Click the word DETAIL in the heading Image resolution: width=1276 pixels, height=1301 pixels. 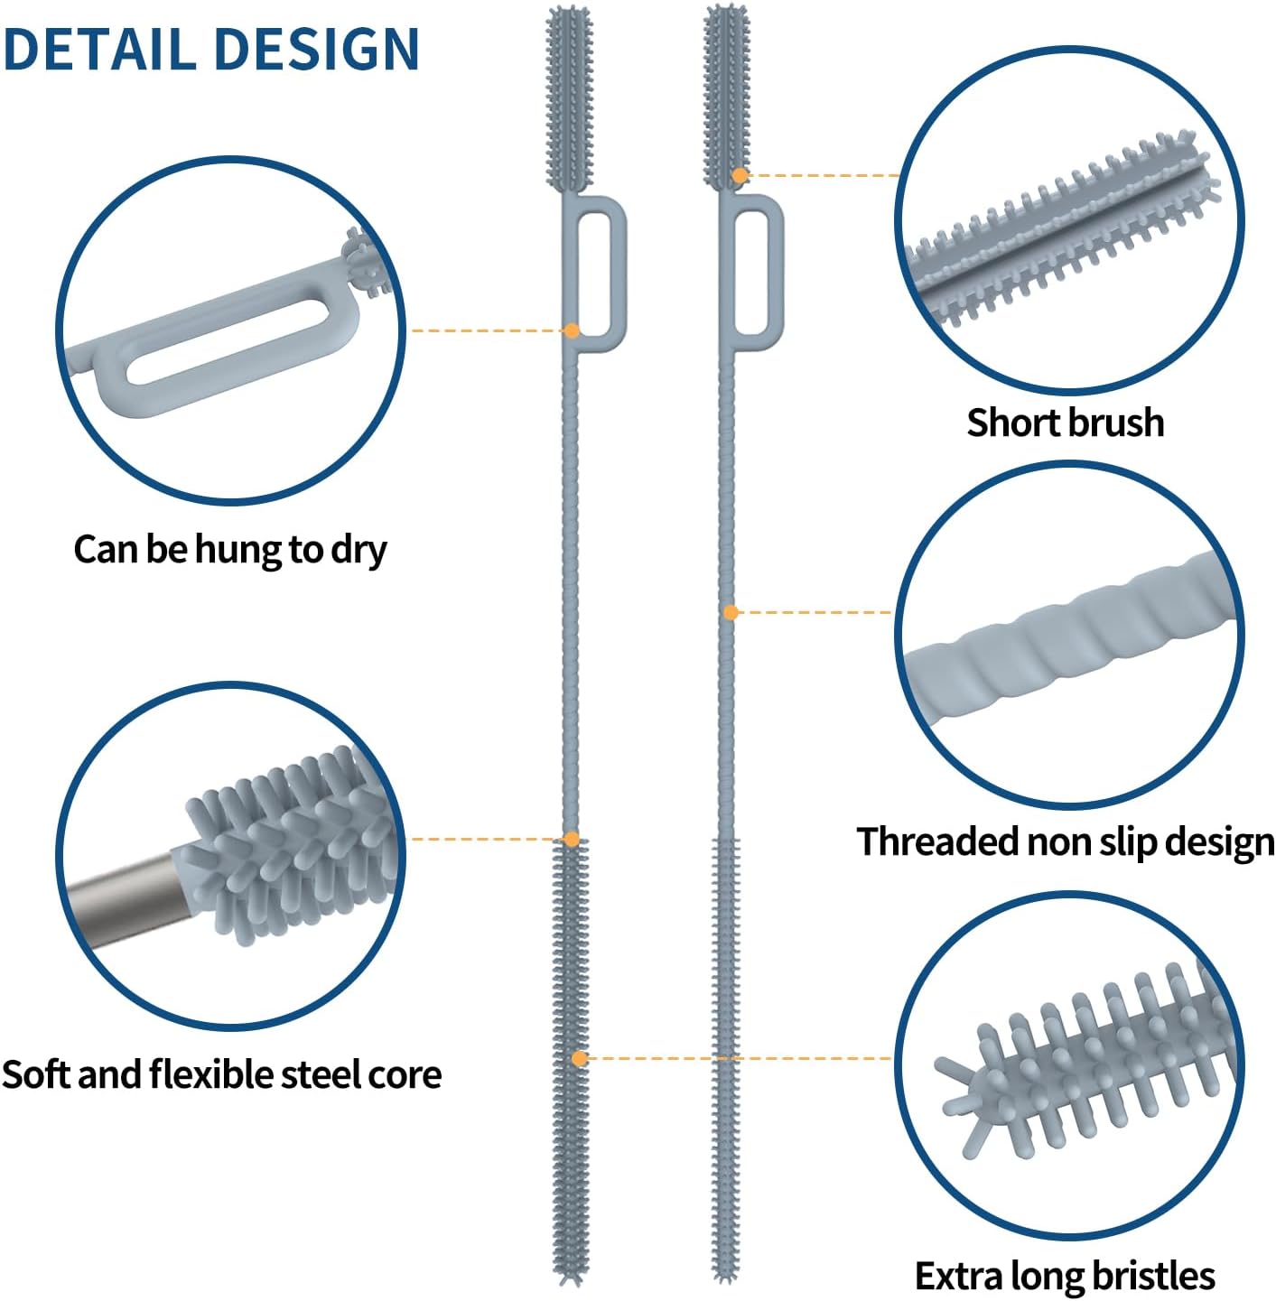point(99,49)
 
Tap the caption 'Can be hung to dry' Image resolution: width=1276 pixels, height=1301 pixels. point(230,550)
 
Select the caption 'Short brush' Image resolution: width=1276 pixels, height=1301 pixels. point(1066,423)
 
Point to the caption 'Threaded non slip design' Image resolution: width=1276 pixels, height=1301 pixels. point(1066,841)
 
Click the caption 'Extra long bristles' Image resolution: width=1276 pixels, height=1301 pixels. point(1066,1276)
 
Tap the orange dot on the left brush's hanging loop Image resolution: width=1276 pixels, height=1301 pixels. point(573,330)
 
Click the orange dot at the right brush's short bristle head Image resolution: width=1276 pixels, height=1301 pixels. point(740,176)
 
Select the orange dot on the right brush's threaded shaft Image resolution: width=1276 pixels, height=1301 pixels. point(731,613)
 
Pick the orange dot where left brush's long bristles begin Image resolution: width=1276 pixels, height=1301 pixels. point(572,840)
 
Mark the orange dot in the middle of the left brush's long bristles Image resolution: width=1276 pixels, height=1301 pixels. point(579,1059)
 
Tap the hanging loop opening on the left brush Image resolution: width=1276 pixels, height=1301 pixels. point(595,273)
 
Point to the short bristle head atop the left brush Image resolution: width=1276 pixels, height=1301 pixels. point(570,100)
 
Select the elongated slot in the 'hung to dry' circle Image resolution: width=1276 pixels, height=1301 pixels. point(228,341)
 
